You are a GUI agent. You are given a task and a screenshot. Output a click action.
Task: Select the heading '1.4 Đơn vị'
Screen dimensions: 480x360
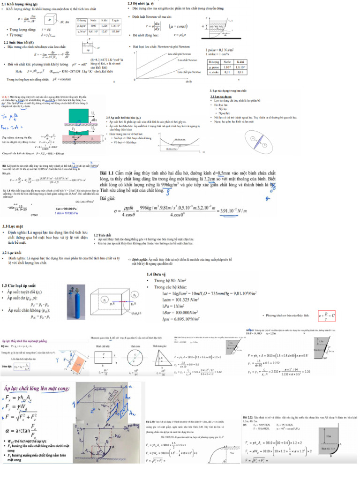point(157,274)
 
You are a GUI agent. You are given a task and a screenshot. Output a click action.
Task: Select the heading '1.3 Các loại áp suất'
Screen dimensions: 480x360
point(19,285)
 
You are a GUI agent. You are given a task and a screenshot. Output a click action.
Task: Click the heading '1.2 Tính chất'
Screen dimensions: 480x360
point(102,235)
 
